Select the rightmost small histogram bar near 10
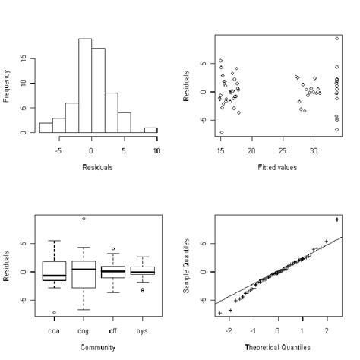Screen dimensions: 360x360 (x=150, y=130)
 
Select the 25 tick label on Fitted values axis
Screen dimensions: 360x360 (x=283, y=151)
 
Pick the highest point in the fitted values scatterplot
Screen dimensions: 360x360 (x=336, y=39)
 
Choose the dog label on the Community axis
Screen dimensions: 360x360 (x=83, y=331)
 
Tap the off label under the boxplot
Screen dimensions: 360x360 (x=112, y=331)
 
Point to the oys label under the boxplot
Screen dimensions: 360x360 (x=141, y=331)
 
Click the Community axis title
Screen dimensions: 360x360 (x=96, y=347)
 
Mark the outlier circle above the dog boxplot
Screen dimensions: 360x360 (x=84, y=219)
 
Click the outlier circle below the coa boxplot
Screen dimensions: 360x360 (x=55, y=313)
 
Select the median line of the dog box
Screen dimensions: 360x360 (x=84, y=269)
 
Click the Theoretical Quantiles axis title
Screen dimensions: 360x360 (x=278, y=347)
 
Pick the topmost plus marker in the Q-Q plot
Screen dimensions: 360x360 (x=336, y=219)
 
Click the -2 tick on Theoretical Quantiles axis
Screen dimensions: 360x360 (x=229, y=332)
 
